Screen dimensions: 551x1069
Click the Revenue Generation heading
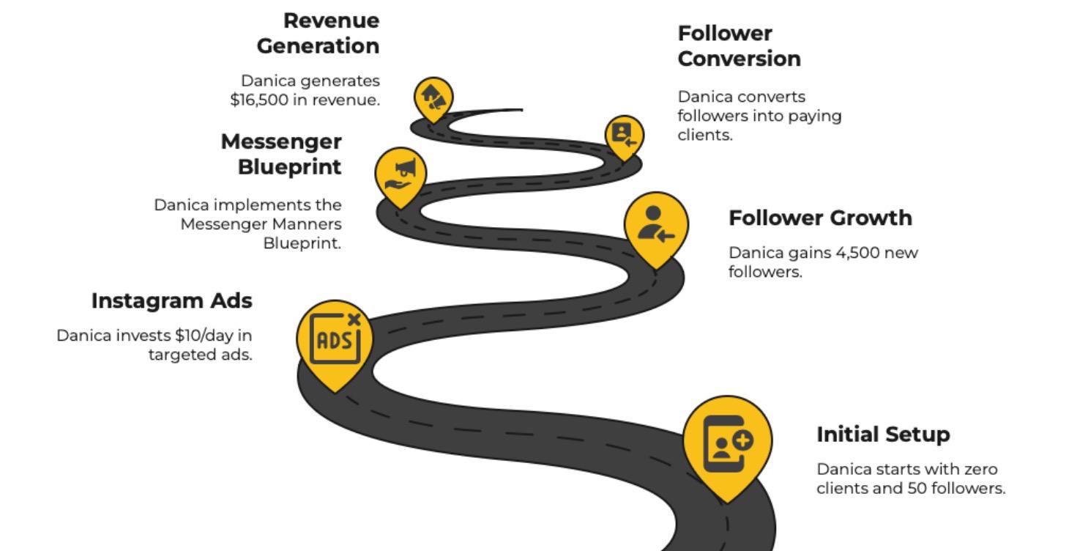(318, 33)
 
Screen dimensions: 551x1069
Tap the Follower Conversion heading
(739, 46)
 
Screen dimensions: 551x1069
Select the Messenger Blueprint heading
(282, 154)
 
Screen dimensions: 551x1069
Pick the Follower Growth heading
(820, 218)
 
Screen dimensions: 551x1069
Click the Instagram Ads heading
(172, 300)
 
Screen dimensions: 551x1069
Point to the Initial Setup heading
(883, 434)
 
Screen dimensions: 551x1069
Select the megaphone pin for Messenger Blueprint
(401, 176)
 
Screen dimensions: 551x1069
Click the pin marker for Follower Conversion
(624, 136)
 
